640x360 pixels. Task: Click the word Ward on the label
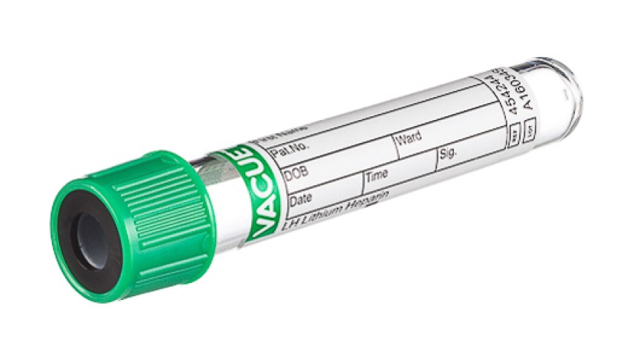(x=408, y=138)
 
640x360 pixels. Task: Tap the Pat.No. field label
(x=285, y=152)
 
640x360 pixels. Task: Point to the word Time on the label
(x=377, y=175)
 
